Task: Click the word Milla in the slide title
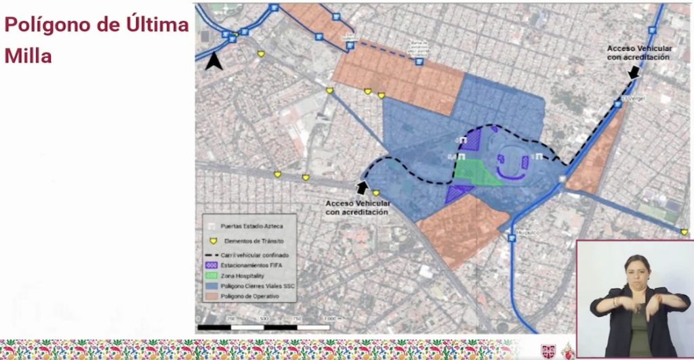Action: point(28,56)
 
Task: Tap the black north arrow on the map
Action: point(214,62)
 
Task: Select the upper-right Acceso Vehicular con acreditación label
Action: point(638,53)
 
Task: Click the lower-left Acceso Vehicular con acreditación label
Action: point(356,207)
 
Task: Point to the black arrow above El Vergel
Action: point(634,72)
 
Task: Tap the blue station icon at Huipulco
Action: point(511,238)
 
